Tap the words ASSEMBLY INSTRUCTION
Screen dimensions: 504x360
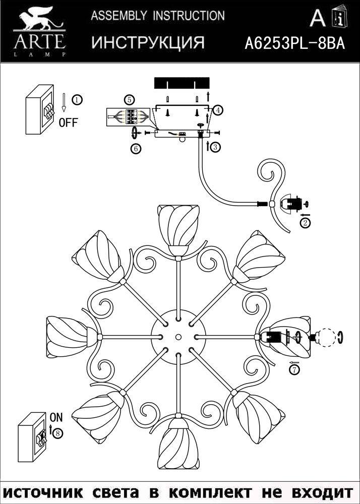[157, 16]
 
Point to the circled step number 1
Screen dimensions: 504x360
[76, 99]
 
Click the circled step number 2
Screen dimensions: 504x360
[305, 222]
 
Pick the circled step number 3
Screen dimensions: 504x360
[215, 147]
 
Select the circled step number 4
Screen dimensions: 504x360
[218, 109]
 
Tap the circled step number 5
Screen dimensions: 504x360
[130, 99]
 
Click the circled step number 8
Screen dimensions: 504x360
[59, 432]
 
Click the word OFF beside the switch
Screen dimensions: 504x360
[69, 122]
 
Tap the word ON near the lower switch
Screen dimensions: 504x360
[56, 417]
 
